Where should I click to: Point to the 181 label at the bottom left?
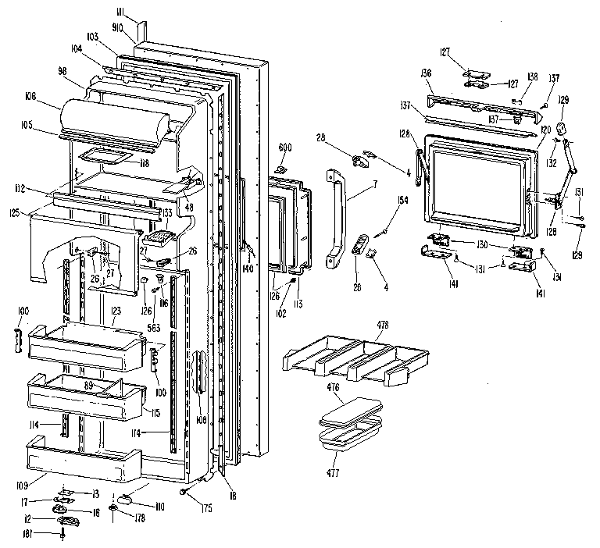click(49, 534)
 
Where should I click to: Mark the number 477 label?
click(334, 472)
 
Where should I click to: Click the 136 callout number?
click(426, 73)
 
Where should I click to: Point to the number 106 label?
click(52, 96)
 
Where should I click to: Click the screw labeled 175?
click(183, 492)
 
